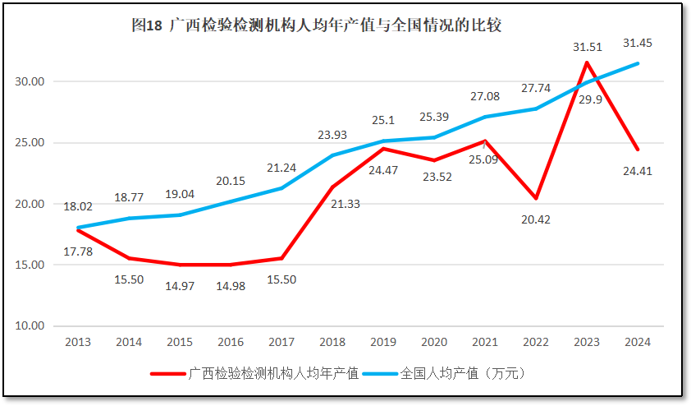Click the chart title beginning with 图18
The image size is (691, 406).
coord(316,25)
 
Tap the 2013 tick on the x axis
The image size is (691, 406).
coord(78,342)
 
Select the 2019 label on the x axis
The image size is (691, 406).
coord(383,342)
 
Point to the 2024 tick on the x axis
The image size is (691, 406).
coord(638,342)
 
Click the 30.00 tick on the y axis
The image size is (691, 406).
coord(32,81)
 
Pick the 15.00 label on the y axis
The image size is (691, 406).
coord(32,265)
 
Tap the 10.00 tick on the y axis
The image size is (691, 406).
coord(32,325)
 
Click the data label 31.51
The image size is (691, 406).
coord(587,47)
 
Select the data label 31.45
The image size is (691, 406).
coord(638,43)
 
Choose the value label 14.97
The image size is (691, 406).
coord(180,285)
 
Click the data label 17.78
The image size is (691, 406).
coord(78,251)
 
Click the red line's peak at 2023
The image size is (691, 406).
coord(587,62)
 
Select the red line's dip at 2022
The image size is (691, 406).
coord(536,198)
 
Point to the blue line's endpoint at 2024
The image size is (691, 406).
coord(638,63)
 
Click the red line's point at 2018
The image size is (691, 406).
coord(332,187)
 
